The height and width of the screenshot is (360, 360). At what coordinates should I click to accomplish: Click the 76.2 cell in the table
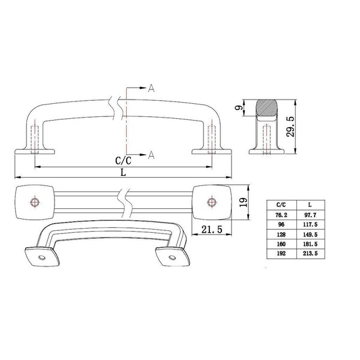tap(281, 215)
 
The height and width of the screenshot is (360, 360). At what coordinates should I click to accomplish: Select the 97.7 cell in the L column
tap(310, 215)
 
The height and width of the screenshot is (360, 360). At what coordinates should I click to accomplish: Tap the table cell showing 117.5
tap(310, 224)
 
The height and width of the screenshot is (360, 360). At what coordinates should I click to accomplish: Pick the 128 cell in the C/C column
tap(281, 235)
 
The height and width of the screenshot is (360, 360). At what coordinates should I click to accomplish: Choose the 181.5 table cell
tap(310, 244)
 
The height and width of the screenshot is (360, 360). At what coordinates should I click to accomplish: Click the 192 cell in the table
tap(281, 254)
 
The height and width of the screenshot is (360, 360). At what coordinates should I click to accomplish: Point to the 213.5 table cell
tap(310, 254)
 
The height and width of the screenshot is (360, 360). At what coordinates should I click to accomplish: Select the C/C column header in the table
tap(281, 205)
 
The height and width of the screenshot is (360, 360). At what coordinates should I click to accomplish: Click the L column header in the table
tap(310, 205)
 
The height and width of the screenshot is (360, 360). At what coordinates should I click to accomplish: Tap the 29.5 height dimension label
tap(290, 127)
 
